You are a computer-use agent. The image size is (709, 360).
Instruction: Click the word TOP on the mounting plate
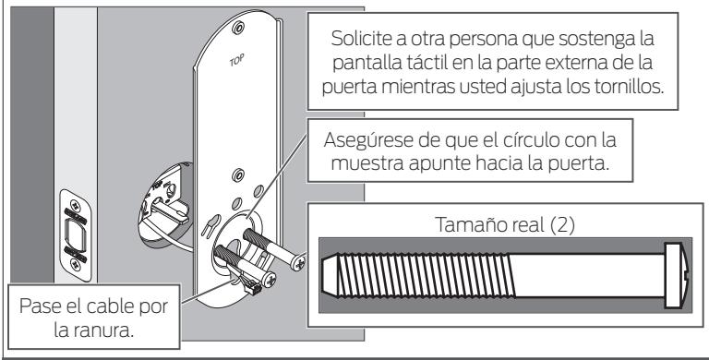point(237,60)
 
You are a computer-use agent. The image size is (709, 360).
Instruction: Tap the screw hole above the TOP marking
point(237,28)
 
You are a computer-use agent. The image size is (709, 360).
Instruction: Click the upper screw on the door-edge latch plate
point(75,203)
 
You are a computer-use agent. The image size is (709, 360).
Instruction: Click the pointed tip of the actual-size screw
point(324,275)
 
